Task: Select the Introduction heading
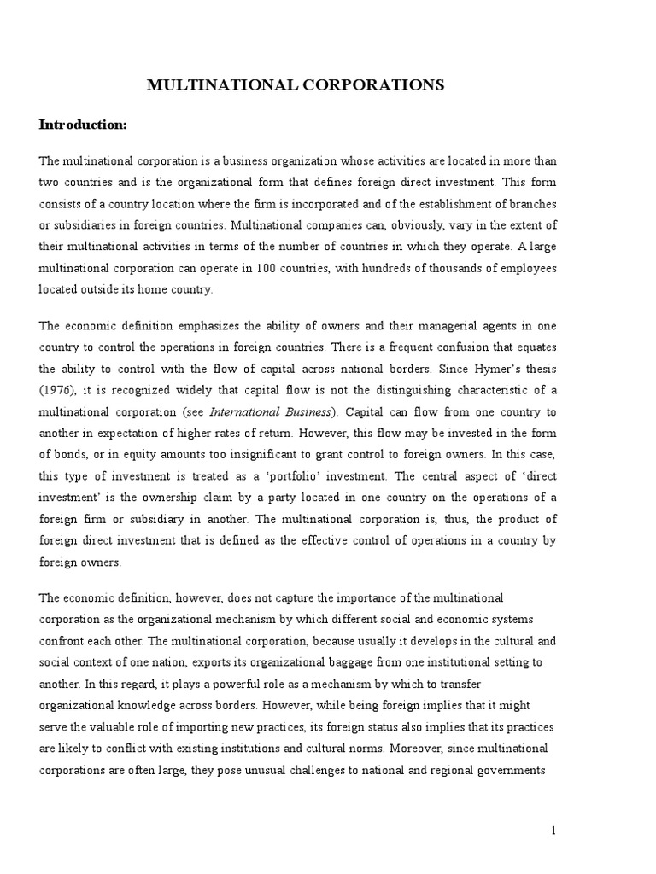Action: (83, 125)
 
